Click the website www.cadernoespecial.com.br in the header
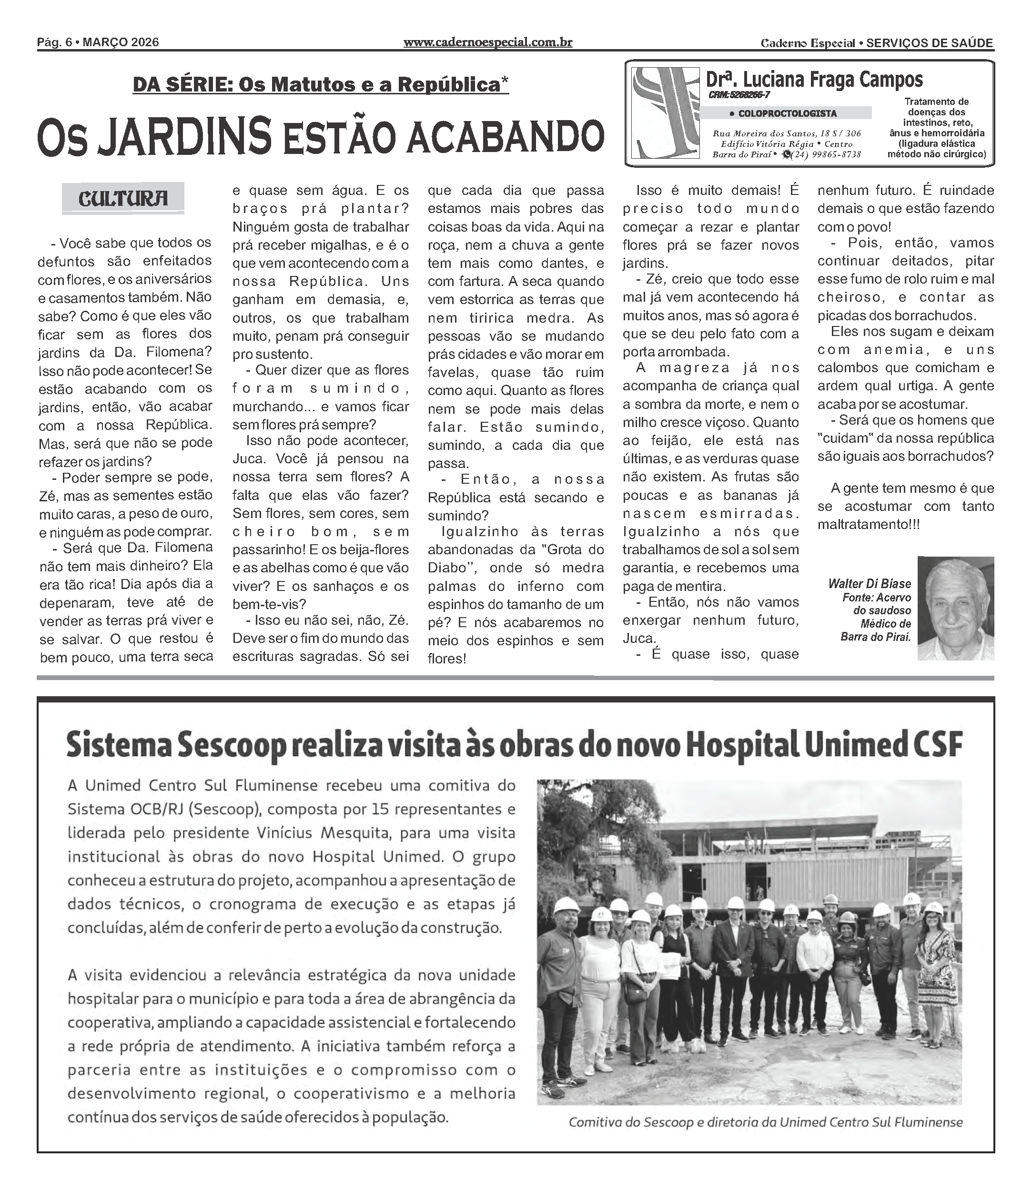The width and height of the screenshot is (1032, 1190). point(488,42)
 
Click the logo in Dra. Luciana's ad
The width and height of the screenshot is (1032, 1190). point(665,113)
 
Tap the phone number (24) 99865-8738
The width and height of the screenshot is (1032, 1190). point(826,154)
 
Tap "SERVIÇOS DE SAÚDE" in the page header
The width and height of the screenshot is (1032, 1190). point(930,42)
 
